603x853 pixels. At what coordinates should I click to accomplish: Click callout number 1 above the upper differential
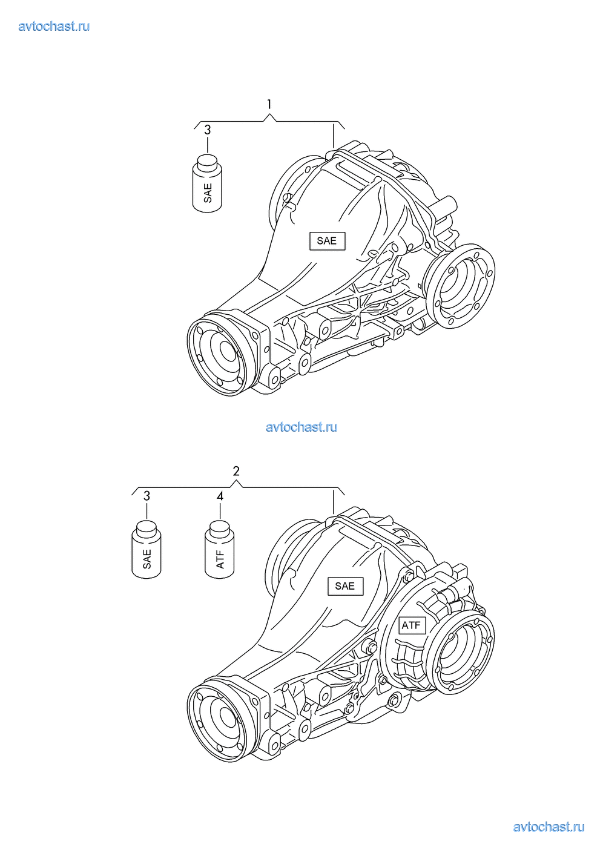pyautogui.click(x=269, y=104)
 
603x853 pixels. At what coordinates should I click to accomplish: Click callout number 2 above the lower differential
pyautogui.click(x=236, y=471)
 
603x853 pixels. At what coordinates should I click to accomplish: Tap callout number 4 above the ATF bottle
pyautogui.click(x=220, y=496)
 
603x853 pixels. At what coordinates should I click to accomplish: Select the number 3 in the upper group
pyautogui.click(x=207, y=130)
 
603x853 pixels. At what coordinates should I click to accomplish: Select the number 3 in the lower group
pyautogui.click(x=147, y=496)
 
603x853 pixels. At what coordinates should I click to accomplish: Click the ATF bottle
pyautogui.click(x=220, y=549)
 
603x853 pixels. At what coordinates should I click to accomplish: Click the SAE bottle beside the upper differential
pyautogui.click(x=207, y=183)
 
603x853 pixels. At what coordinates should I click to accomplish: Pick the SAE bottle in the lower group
pyautogui.click(x=147, y=549)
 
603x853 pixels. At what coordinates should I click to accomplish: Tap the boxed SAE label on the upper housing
pyautogui.click(x=327, y=241)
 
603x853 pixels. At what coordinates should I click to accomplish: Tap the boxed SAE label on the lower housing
pyautogui.click(x=346, y=585)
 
